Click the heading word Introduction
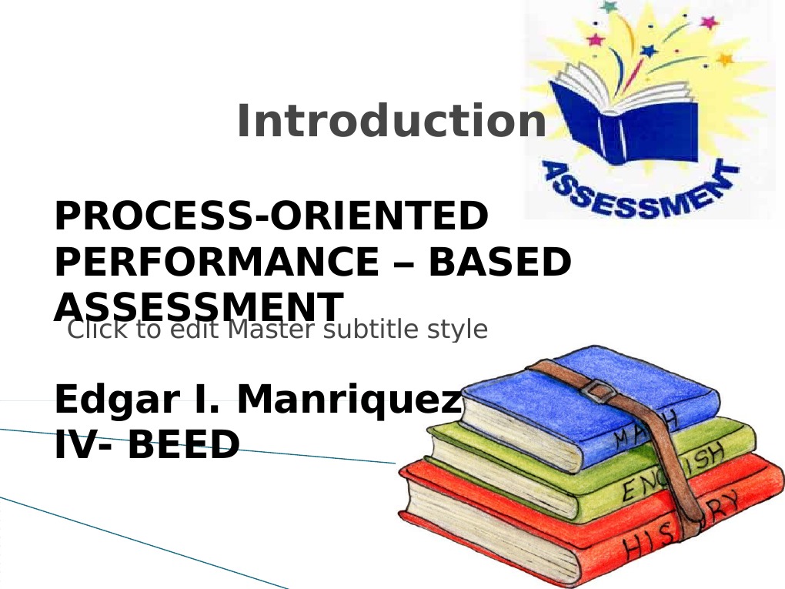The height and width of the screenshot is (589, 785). point(391,122)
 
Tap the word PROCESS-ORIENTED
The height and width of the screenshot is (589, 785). point(271,217)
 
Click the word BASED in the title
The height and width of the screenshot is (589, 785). point(499,263)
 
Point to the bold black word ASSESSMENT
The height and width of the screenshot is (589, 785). point(198,306)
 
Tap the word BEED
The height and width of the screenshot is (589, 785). point(182,444)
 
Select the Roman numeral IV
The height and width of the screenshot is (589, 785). point(72,444)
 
